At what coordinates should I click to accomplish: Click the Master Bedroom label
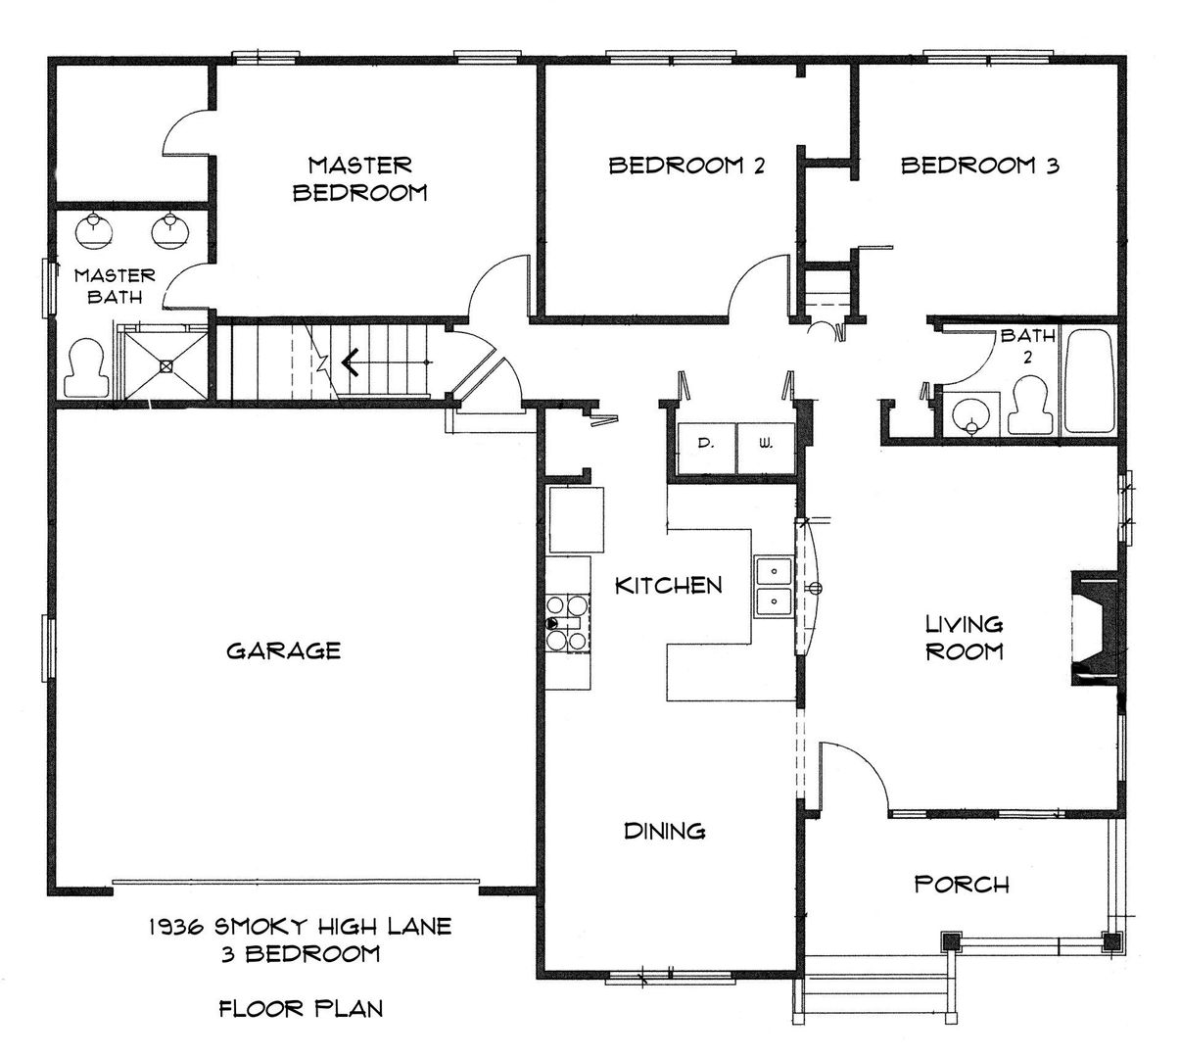point(360,179)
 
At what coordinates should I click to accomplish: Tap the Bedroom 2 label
point(686,166)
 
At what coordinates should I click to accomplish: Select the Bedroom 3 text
point(979,166)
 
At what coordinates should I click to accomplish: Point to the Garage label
point(284,650)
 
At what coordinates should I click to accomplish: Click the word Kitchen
point(669,586)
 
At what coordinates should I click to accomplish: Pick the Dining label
point(665,832)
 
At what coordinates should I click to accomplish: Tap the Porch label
point(962,885)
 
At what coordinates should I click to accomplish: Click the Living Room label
point(965,638)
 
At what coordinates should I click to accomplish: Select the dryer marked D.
point(706,448)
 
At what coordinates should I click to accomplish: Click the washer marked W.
point(766,448)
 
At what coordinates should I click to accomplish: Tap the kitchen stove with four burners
point(568,623)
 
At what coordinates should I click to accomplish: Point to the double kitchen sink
point(774,587)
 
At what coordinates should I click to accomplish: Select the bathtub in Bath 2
point(1089,382)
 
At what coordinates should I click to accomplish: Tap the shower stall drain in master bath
point(166,365)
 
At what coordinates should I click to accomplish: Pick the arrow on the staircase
point(386,363)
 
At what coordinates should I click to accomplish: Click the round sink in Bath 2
point(970,415)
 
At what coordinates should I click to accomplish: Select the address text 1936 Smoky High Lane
point(301,927)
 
